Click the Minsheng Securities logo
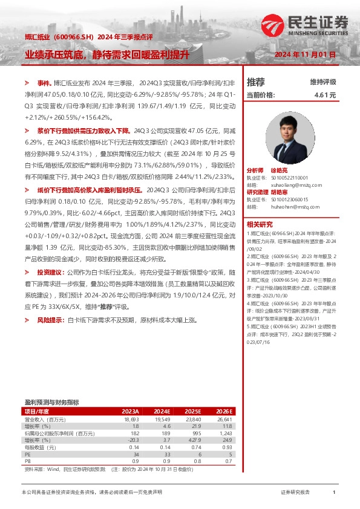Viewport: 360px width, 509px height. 306,26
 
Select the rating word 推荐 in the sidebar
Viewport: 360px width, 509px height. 256,82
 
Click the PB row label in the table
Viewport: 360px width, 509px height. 28,461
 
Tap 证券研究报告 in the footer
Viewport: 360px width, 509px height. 295,493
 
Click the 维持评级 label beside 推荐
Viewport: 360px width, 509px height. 322,82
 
